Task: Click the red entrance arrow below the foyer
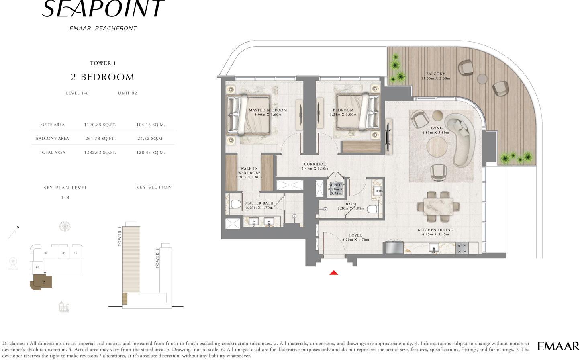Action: click(x=334, y=272)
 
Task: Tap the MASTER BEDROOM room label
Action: click(x=268, y=110)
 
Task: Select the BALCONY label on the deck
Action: click(x=435, y=74)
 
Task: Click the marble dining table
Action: click(x=438, y=207)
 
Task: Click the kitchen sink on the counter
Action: click(x=434, y=247)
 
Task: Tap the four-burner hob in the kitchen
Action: click(x=462, y=248)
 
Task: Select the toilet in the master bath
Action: click(x=236, y=204)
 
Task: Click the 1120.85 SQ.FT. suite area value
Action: click(x=100, y=125)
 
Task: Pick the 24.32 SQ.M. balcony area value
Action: click(x=151, y=139)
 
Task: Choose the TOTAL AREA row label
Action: click(x=52, y=153)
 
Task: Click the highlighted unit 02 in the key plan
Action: click(x=41, y=282)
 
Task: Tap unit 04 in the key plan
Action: click(x=46, y=253)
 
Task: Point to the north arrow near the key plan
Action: click(x=12, y=234)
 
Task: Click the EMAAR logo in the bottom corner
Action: click(x=558, y=346)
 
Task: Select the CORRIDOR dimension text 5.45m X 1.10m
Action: click(x=315, y=168)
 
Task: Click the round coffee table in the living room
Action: click(x=437, y=146)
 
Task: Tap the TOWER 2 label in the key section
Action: click(x=157, y=258)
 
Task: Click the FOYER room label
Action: click(x=355, y=235)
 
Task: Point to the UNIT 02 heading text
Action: click(x=127, y=93)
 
